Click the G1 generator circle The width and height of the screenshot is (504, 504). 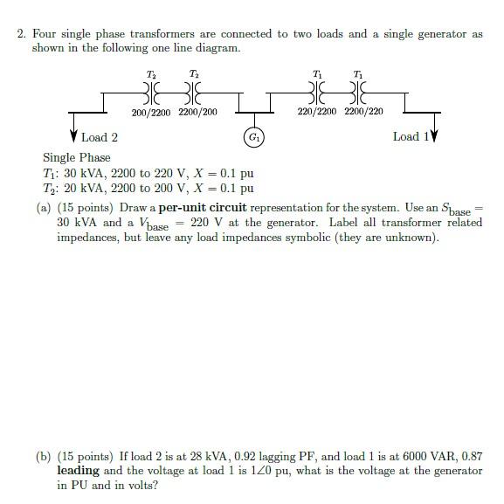click(x=252, y=137)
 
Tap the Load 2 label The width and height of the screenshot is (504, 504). click(x=100, y=137)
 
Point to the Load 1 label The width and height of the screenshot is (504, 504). click(x=406, y=136)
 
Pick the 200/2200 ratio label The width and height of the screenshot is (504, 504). click(x=150, y=112)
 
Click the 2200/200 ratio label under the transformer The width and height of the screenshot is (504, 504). click(x=197, y=112)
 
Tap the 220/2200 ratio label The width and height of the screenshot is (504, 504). click(x=316, y=112)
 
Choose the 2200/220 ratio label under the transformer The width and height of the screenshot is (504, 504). click(x=363, y=112)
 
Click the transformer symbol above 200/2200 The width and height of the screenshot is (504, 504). click(x=151, y=91)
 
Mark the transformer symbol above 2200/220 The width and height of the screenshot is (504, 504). click(x=358, y=91)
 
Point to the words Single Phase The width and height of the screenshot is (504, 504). click(x=77, y=157)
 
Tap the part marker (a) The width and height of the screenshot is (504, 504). click(x=44, y=208)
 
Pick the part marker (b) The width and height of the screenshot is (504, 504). click(x=44, y=456)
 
